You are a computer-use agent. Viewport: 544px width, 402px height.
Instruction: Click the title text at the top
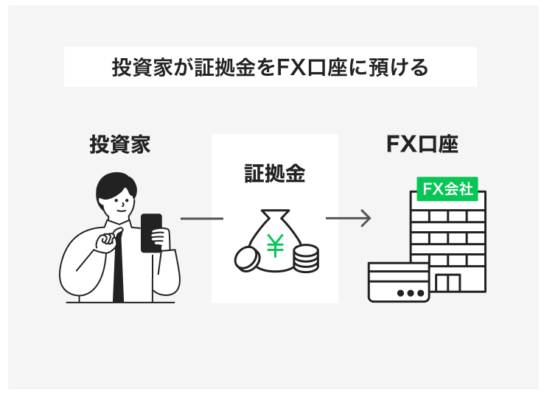270,68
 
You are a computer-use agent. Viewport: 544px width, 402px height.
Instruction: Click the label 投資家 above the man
119,144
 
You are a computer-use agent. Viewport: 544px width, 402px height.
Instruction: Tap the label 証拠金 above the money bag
274,173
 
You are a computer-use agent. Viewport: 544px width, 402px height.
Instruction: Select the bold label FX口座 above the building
422,144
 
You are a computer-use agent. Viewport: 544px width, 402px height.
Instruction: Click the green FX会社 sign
447,188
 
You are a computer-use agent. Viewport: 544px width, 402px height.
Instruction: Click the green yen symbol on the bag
274,245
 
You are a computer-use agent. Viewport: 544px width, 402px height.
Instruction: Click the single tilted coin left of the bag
245,258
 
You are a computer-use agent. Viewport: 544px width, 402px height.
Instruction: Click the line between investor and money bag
201,219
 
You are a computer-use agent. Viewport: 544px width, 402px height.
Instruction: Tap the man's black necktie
119,272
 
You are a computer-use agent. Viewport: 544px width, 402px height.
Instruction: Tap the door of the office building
447,283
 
